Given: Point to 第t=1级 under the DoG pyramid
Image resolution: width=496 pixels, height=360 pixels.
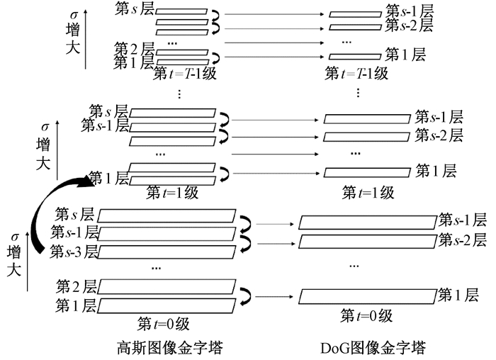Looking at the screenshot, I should point(368,191).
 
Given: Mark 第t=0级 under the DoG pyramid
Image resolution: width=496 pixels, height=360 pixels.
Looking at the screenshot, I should point(366,315).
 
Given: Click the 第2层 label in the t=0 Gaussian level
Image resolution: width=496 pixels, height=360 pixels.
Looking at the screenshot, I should point(77,288).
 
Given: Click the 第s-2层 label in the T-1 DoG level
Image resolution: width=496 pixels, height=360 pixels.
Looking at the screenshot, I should point(409,26).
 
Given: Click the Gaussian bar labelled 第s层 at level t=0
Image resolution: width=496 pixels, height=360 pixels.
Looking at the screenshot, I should point(169,214).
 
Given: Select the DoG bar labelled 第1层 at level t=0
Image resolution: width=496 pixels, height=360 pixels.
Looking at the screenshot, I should point(368,294).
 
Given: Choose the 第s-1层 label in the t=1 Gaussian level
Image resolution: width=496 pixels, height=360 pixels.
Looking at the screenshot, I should point(105,126).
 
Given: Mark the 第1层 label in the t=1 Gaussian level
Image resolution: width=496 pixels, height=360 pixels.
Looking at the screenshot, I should point(108,179).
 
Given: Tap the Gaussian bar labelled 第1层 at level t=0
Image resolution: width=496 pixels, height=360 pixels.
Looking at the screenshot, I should point(167,305).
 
